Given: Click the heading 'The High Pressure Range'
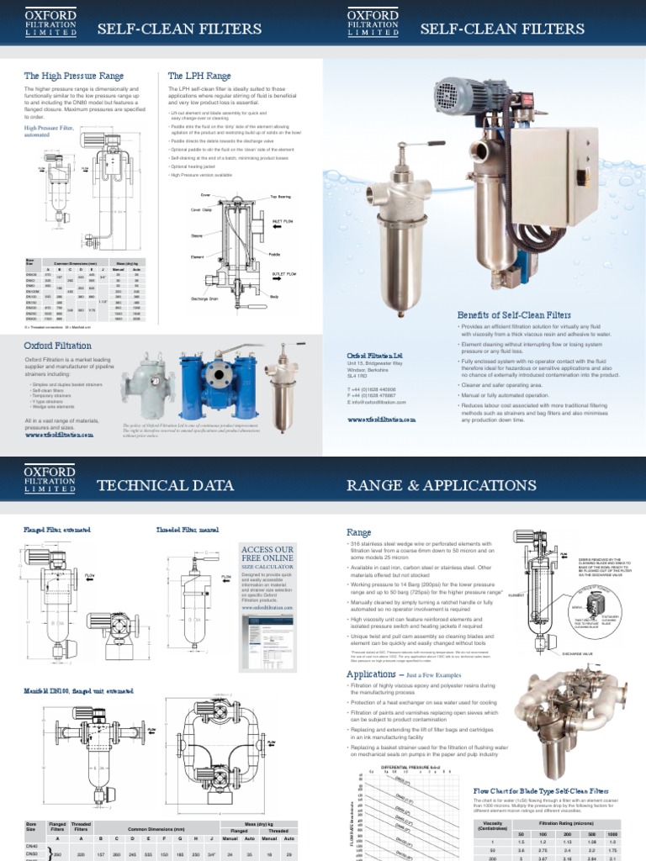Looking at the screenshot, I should [74, 76].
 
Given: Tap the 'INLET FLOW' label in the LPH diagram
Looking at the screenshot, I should [281, 221].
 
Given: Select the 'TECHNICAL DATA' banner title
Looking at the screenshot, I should [163, 485].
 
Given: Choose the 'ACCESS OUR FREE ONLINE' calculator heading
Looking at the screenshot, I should [267, 555].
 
